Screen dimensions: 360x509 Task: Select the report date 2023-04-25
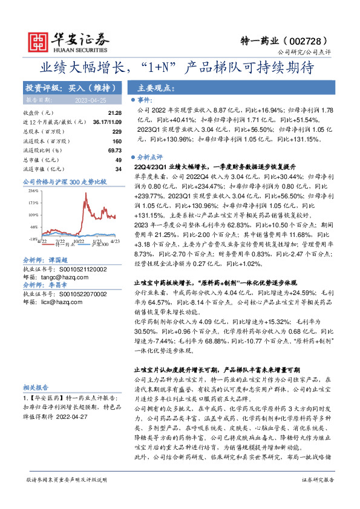[90, 100]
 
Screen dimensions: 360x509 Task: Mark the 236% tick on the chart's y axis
[34, 190]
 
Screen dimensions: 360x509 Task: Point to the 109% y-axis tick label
[34, 215]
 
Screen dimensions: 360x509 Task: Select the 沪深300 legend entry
[100, 244]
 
